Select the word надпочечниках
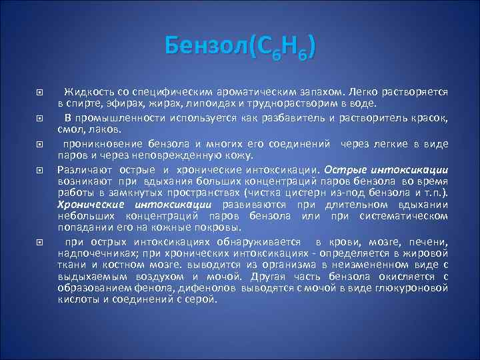click(x=89, y=254)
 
